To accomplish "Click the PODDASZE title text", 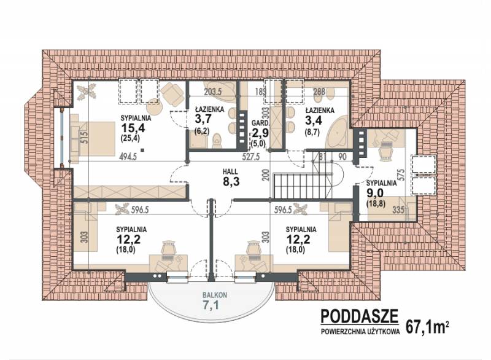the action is coord(360,316).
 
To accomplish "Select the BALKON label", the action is coord(214,295).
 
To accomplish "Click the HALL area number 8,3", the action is coord(231,181).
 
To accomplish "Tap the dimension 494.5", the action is coord(128,157).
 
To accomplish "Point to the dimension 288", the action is coord(319,92).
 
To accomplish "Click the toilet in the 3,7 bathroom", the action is coord(216,140).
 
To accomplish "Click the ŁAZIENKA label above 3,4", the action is coord(320,111).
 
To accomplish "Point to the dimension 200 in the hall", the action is coord(266,176).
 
